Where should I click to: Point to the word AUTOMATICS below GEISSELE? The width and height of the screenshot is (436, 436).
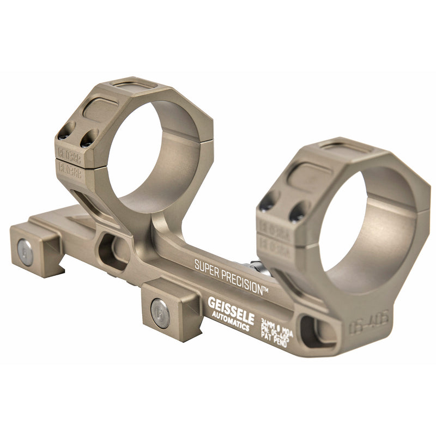[229, 322]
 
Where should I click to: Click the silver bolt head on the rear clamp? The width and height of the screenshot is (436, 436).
[25, 252]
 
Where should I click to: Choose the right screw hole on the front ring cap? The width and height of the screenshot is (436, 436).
[297, 213]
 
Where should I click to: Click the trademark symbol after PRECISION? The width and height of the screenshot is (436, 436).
[265, 291]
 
